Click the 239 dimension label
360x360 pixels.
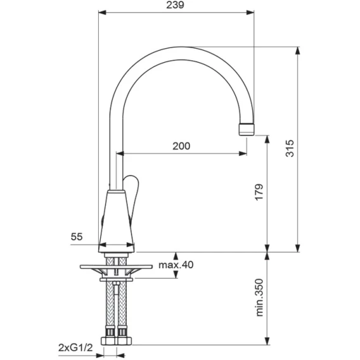[x=175, y=5]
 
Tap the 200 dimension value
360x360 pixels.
[x=181, y=146]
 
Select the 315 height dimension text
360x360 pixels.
[x=290, y=148]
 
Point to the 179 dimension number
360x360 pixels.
[x=259, y=192]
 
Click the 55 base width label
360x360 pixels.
[x=77, y=236]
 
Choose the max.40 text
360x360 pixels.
[x=176, y=265]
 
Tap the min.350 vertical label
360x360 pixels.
[x=259, y=297]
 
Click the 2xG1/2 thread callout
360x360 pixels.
[x=75, y=348]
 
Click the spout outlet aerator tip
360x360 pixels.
[x=247, y=129]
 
